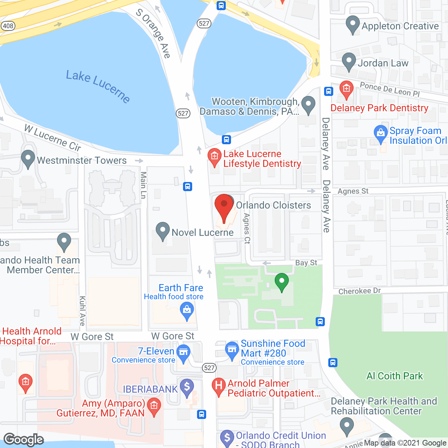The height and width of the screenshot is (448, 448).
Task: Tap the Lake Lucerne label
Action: (98, 86)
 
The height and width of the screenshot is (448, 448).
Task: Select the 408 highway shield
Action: (8, 26)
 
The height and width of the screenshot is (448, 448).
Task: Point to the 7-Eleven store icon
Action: (183, 352)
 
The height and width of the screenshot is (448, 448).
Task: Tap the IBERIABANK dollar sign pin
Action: (187, 387)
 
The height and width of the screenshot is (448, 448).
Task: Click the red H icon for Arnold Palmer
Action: (218, 386)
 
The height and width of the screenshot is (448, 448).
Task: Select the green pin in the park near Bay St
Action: (282, 281)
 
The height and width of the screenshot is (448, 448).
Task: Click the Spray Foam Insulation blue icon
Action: (380, 133)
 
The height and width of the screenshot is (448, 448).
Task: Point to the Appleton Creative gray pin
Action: (352, 24)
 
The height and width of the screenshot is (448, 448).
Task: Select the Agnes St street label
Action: (353, 191)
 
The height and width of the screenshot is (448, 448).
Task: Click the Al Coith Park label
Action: (394, 376)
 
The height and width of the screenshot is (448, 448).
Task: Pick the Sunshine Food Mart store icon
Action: (232, 350)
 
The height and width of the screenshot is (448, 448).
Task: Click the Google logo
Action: (24, 439)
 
